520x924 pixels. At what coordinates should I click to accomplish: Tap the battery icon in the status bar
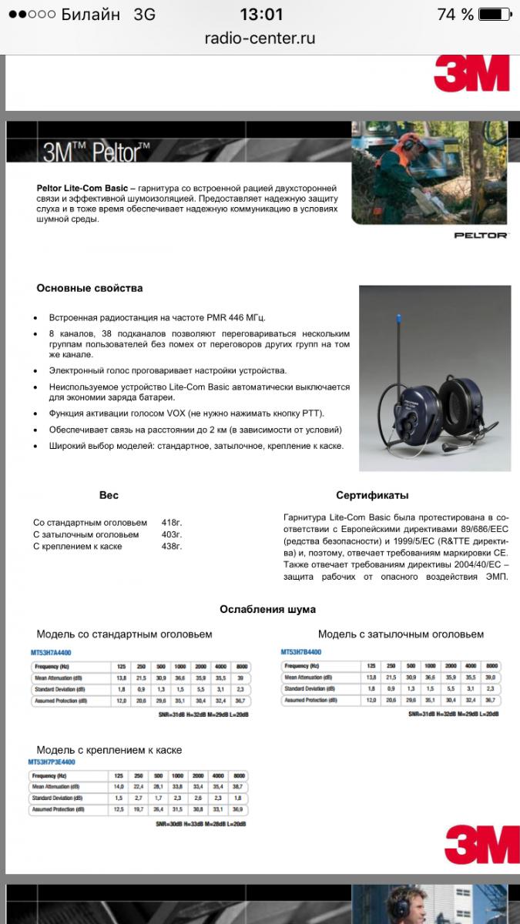[493, 15]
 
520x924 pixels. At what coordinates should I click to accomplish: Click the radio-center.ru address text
[260, 38]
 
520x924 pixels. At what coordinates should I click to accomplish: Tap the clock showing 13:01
[261, 15]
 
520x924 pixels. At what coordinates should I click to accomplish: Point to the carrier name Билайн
[90, 15]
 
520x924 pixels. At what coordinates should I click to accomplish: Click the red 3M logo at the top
[471, 73]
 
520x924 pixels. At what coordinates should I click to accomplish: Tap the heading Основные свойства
[89, 288]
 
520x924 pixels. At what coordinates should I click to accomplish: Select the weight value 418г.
[172, 522]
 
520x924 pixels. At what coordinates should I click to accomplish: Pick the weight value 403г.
[172, 534]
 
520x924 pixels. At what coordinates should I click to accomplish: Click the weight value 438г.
[172, 547]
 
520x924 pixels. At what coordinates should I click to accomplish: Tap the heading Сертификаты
[372, 495]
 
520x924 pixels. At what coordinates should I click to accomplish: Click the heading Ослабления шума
[267, 609]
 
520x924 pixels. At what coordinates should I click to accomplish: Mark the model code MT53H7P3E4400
[52, 762]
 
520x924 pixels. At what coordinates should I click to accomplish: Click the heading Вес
[109, 495]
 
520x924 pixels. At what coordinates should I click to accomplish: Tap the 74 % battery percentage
[455, 15]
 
